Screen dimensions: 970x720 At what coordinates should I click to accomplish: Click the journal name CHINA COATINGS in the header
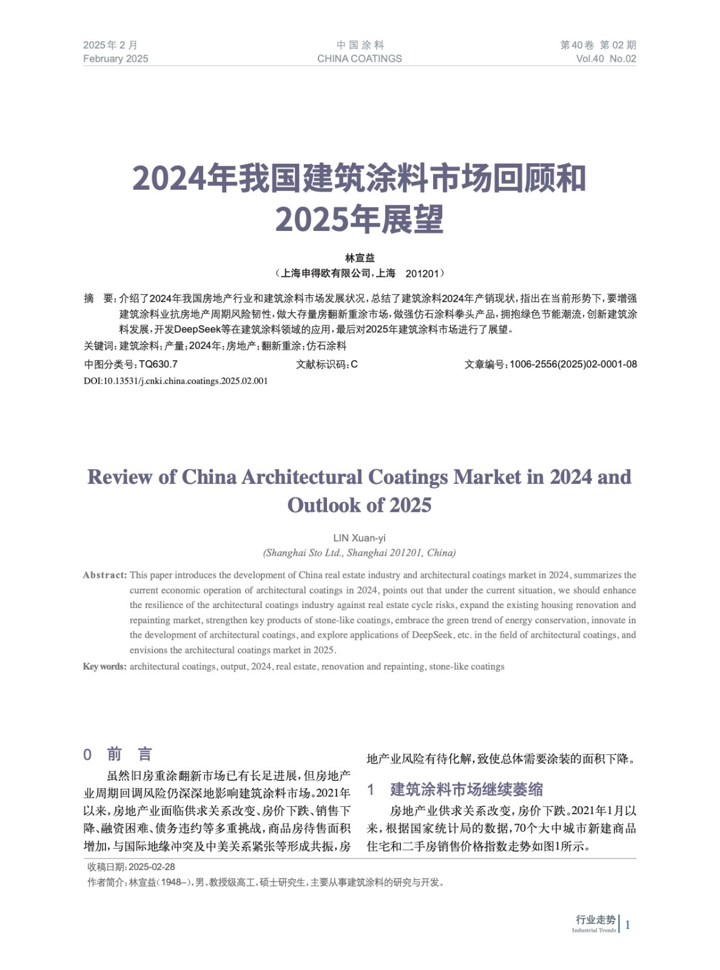point(359,59)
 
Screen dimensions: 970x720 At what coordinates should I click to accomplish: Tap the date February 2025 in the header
point(115,59)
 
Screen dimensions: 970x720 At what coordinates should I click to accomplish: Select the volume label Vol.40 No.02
point(605,59)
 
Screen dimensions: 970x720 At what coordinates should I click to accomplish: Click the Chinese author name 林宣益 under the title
point(360,258)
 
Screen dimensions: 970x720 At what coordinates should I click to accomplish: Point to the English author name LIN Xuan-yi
point(359,538)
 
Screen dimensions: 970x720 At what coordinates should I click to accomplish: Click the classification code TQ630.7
point(158,364)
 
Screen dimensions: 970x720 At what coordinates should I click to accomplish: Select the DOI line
point(175,381)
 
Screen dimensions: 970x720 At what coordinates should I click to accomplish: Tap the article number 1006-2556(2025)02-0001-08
point(573,364)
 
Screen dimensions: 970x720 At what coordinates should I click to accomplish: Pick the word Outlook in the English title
point(324,505)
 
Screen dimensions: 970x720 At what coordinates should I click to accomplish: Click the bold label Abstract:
point(105,575)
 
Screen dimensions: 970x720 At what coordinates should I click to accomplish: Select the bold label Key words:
point(104,667)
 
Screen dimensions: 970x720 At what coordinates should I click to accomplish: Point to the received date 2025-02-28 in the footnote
point(152,868)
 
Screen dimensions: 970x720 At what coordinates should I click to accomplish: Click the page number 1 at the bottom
point(628,925)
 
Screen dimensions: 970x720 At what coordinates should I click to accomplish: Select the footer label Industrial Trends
point(593,931)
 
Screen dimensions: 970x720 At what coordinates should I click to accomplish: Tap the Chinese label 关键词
point(99,346)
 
